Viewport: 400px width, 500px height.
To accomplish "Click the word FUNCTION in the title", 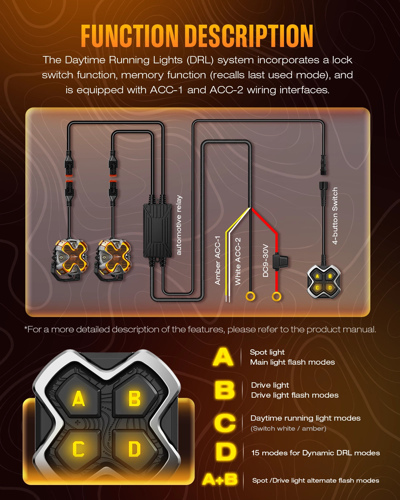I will (130, 36).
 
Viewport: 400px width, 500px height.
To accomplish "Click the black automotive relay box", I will (157, 231).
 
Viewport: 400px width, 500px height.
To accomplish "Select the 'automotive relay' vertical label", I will (179, 225).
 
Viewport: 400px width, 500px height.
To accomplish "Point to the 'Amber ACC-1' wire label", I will (218, 260).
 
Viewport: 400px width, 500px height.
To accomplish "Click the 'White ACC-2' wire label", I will (238, 261).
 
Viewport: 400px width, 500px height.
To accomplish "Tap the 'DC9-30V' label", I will (265, 261).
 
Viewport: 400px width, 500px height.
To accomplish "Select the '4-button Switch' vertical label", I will (335, 216).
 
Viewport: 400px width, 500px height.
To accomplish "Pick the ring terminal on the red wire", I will (276, 296).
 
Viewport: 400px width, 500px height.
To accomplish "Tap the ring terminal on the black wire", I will (250, 296).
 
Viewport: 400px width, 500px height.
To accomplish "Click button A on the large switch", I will (78, 399).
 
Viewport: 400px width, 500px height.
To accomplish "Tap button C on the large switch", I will (78, 449).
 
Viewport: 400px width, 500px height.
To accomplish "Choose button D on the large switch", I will (134, 449).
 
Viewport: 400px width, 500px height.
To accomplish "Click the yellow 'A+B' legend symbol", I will (220, 480).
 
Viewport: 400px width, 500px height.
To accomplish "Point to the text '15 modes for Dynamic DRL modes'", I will (315, 453).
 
